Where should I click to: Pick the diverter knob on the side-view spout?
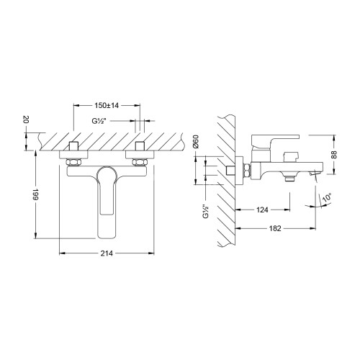292,156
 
